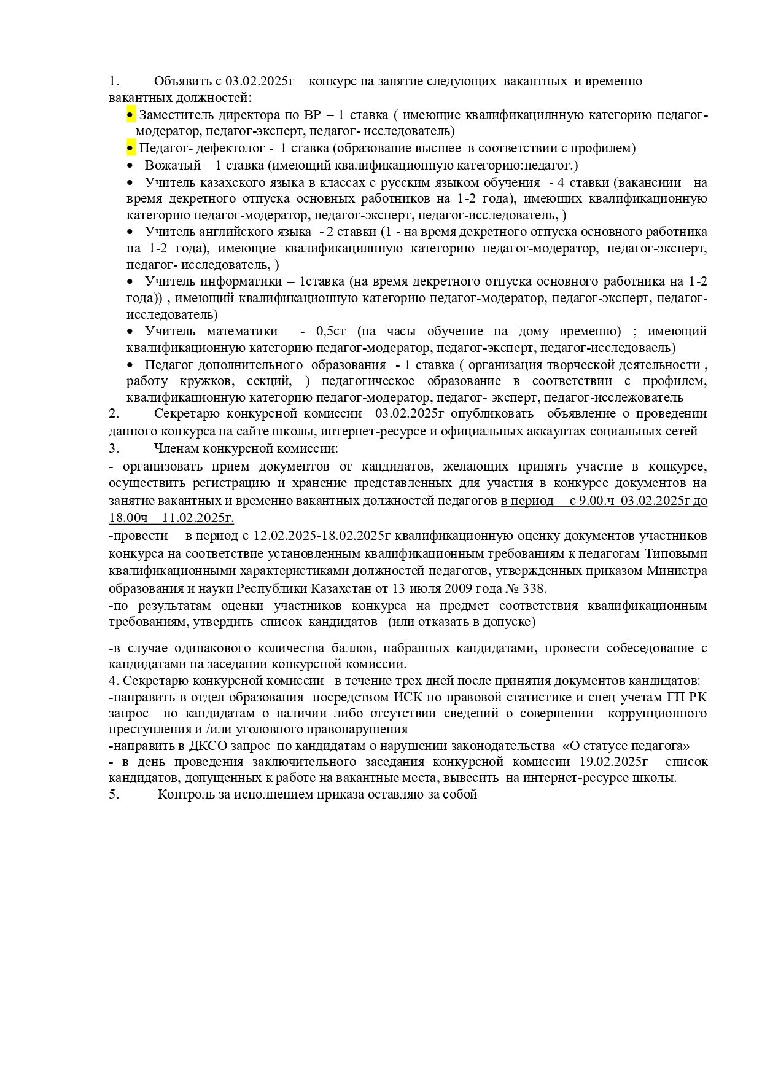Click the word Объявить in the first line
[x=181, y=81]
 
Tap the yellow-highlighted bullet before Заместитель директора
[x=131, y=115]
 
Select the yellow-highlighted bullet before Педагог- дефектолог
[x=131, y=148]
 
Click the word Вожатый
[x=168, y=165]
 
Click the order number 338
[x=534, y=588]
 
